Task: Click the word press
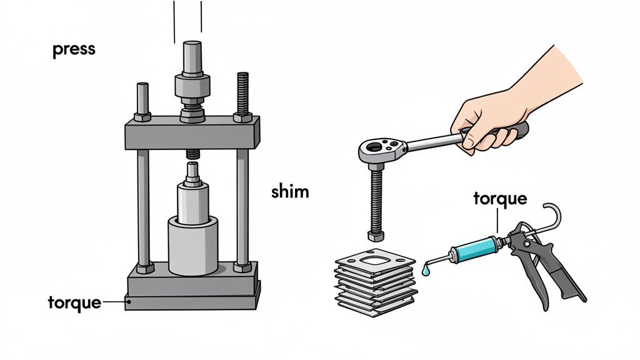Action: (74, 50)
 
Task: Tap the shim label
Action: (290, 191)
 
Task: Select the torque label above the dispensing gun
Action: (499, 199)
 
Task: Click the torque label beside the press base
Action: (74, 302)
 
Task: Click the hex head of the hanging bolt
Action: (376, 236)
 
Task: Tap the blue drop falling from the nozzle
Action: (425, 272)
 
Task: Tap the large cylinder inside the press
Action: (193, 244)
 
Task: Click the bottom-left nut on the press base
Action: (144, 267)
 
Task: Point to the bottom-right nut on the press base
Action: (242, 267)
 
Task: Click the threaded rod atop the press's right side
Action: (243, 94)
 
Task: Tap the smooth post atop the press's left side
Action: (143, 98)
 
